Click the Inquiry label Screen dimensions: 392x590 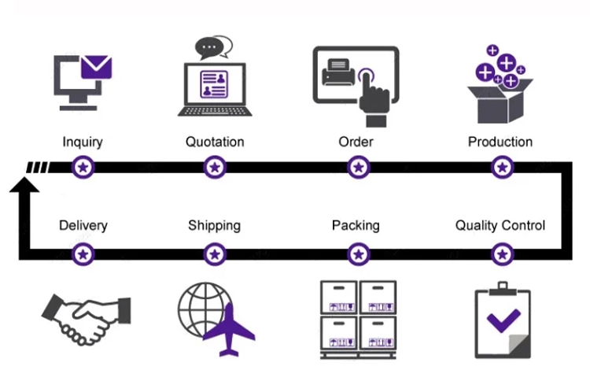(x=83, y=142)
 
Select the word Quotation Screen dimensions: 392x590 (x=215, y=142)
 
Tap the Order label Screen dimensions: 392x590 (x=356, y=142)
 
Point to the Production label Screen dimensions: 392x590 (x=500, y=142)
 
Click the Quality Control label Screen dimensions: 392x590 (x=500, y=226)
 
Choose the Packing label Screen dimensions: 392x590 (x=356, y=226)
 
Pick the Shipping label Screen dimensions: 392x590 (x=214, y=226)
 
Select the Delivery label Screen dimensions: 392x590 (x=83, y=226)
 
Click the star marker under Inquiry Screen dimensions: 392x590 (x=83, y=168)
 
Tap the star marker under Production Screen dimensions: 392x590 (x=503, y=168)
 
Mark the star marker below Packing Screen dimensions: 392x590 (x=359, y=254)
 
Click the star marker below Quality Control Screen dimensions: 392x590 (x=503, y=254)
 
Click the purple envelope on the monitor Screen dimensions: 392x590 (x=98, y=67)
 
